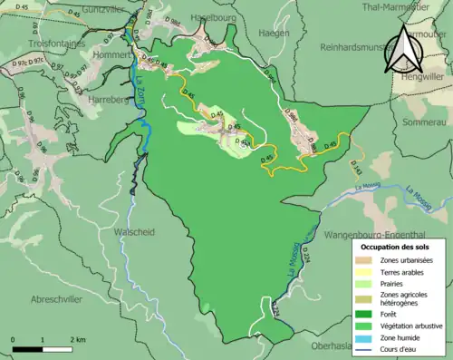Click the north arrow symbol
click(400, 50)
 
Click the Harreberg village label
click(111, 100)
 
